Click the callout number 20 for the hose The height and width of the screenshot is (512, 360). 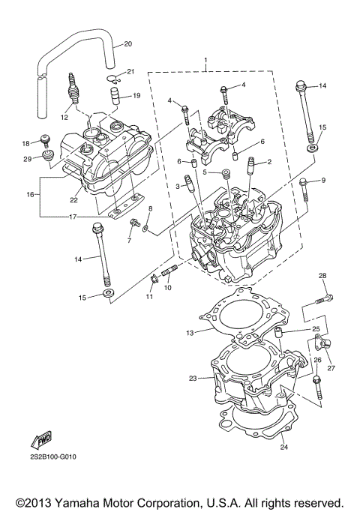127,43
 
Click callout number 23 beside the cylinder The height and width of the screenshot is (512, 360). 193,379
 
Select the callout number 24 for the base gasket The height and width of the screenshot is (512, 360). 283,448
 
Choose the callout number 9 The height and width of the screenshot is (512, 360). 324,181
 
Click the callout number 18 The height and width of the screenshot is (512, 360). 25,143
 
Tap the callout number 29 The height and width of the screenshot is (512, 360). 27,159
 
